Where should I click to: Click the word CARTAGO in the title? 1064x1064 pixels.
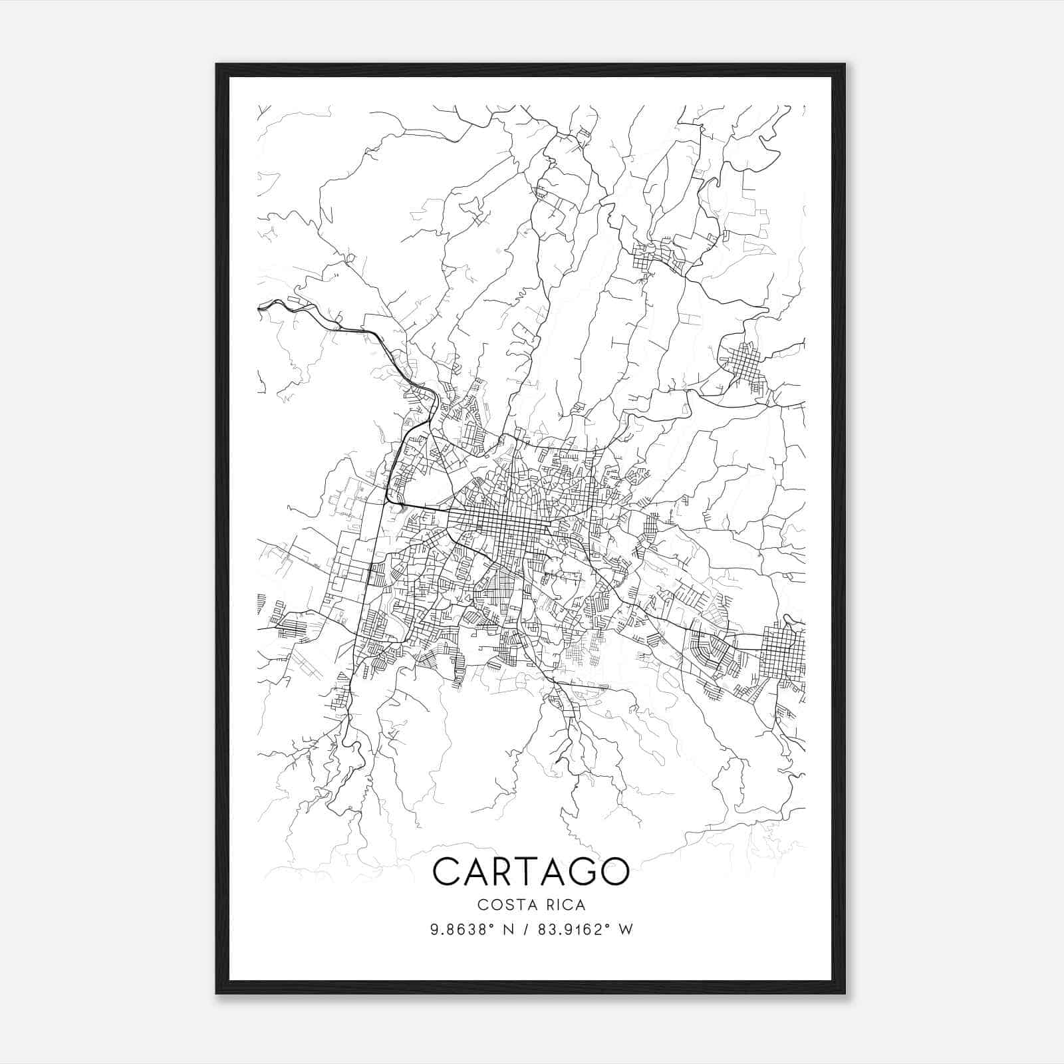(531, 871)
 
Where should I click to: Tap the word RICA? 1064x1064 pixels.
(565, 904)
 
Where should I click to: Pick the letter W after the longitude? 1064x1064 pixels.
(626, 930)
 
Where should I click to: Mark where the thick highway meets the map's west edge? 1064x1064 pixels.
(259, 307)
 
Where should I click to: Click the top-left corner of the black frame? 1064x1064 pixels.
(217, 65)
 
